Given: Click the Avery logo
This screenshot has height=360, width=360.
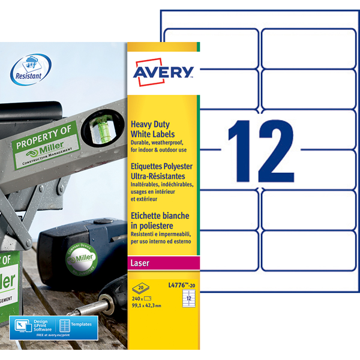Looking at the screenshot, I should pyautogui.click(x=163, y=71).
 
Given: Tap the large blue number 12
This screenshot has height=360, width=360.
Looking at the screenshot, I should pyautogui.click(x=259, y=150).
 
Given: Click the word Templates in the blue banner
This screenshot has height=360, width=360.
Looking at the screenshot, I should pyautogui.click(x=82, y=325).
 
